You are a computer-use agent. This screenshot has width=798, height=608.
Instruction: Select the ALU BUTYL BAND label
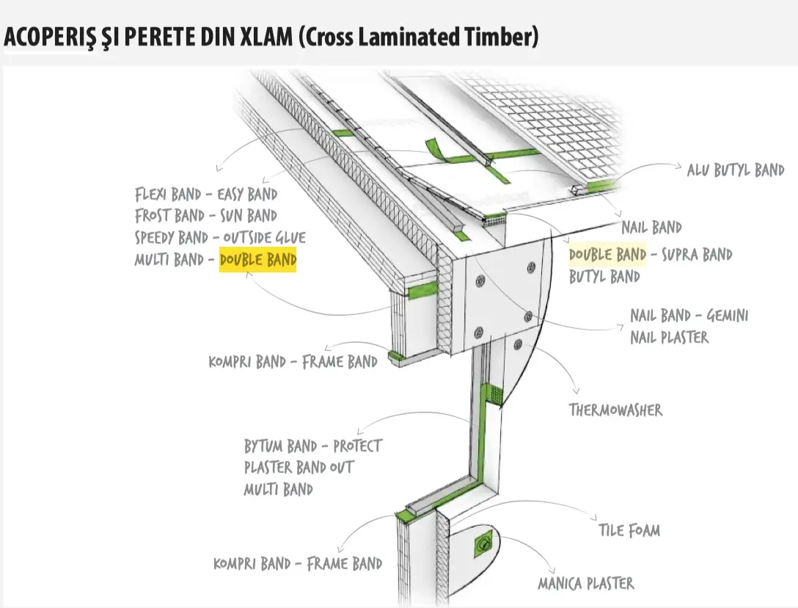click(735, 170)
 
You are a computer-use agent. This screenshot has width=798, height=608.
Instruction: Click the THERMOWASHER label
click(615, 409)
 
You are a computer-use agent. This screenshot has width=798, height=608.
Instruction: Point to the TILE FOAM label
click(629, 529)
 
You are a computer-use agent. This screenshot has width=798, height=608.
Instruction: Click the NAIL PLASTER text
click(669, 337)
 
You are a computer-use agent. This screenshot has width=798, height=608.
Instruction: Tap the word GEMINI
click(725, 316)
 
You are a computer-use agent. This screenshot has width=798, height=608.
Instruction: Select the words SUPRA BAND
click(697, 255)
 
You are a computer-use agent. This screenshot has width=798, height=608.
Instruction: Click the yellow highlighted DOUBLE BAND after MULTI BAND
click(258, 260)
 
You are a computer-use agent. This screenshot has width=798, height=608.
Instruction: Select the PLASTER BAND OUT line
click(299, 467)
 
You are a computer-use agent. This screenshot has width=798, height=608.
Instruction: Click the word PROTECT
click(357, 446)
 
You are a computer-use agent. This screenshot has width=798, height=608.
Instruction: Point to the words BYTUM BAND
click(280, 446)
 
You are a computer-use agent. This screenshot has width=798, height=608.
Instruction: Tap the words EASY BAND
click(247, 195)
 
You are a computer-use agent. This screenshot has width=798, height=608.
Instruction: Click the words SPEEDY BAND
click(172, 238)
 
